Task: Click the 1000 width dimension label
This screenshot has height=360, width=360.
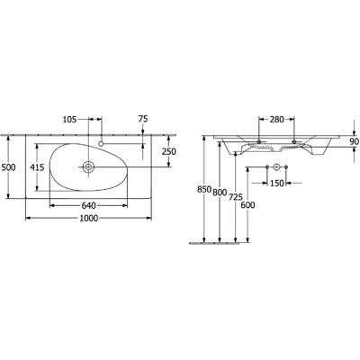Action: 89,218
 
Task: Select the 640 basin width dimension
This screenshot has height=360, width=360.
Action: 88,205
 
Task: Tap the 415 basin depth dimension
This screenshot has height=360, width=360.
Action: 37,167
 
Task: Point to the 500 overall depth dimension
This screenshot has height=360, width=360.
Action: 9,167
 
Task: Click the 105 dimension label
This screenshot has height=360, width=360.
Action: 70,119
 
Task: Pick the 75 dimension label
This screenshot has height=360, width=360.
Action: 143,119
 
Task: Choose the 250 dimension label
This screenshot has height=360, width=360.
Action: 169,152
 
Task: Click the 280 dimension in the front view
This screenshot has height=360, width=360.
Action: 276,120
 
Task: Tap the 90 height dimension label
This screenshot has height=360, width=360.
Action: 355,141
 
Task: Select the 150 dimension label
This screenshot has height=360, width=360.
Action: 276,183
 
